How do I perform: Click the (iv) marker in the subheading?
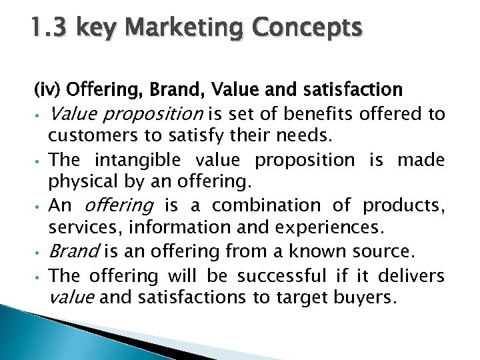tap(47, 90)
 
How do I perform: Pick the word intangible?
tap(138, 160)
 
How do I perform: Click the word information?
tap(174, 227)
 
